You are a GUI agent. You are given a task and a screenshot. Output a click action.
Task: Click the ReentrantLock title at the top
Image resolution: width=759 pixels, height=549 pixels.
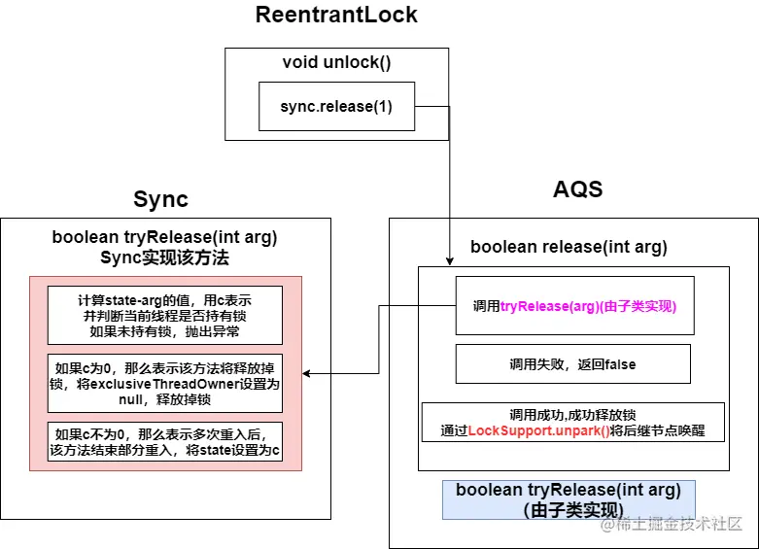[336, 16]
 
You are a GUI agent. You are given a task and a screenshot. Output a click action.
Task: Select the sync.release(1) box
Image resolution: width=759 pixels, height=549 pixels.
[336, 107]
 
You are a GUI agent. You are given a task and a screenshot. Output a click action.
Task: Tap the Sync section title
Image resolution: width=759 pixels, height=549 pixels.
[161, 200]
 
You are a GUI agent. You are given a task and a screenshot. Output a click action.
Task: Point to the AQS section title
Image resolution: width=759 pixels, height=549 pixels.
[577, 189]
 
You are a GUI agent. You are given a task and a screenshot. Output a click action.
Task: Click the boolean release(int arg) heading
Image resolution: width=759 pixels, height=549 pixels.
[569, 247]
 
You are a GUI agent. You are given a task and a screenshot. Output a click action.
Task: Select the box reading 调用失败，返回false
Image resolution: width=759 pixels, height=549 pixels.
[572, 364]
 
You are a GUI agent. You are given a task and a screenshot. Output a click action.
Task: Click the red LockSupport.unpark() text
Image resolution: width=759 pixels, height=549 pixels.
[538, 430]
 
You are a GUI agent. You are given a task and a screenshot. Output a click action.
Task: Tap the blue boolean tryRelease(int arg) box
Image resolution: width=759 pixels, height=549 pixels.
[569, 498]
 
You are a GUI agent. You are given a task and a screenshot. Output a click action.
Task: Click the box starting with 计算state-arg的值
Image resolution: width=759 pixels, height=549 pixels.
[164, 315]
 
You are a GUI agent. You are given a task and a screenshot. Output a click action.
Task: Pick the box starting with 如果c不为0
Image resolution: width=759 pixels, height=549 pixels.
[164, 441]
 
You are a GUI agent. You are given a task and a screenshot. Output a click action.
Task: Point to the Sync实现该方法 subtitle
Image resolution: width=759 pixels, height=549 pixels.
[164, 257]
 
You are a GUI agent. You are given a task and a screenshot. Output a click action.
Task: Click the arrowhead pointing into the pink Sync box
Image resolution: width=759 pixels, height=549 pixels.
[308, 373]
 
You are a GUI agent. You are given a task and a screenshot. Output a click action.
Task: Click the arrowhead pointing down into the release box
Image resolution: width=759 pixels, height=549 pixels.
[450, 260]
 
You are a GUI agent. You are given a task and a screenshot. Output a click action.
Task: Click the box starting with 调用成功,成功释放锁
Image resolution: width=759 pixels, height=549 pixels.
[572, 423]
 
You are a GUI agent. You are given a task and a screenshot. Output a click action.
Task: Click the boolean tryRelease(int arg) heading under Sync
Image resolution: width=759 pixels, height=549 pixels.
[164, 238]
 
